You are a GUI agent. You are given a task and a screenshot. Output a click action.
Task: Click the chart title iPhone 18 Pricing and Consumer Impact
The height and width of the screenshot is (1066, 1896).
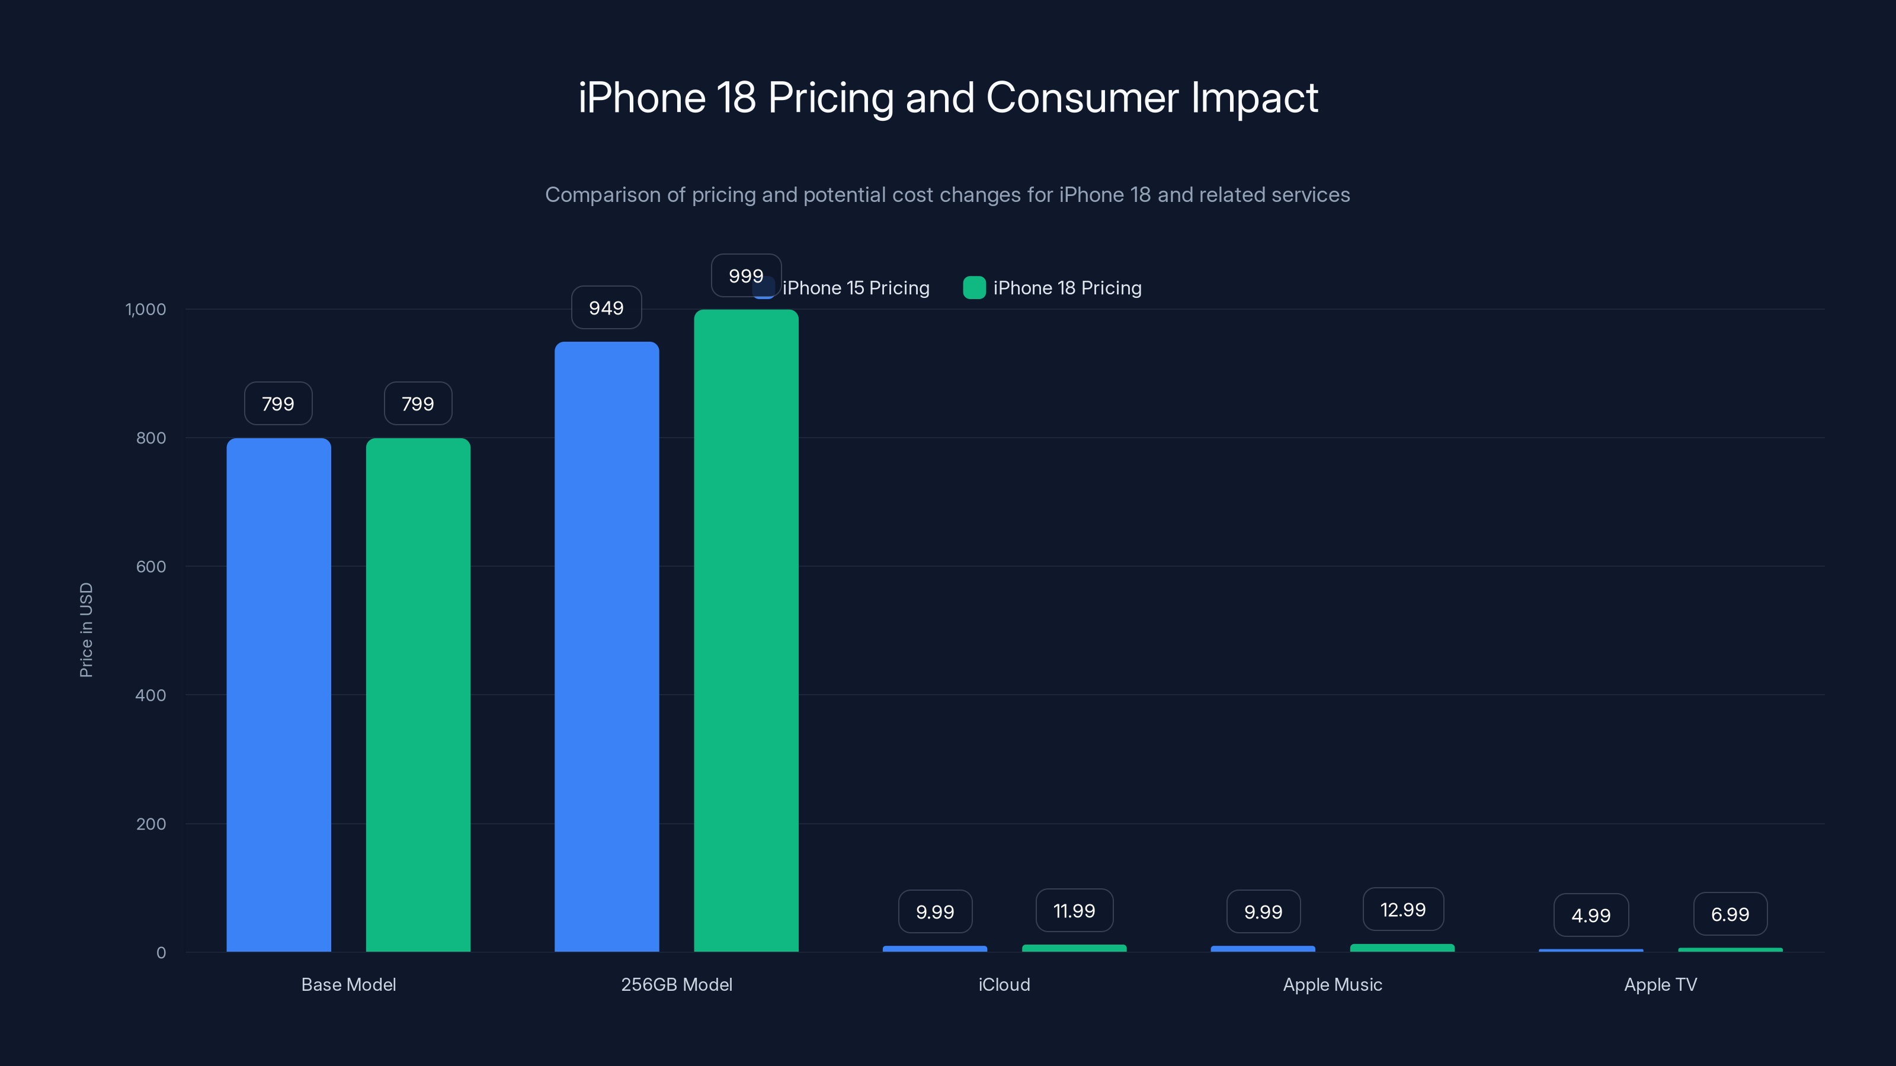(x=948, y=98)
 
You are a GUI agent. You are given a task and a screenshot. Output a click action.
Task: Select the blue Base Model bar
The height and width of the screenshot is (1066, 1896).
(x=278, y=695)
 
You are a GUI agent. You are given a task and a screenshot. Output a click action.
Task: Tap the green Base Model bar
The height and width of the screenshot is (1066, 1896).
(x=418, y=695)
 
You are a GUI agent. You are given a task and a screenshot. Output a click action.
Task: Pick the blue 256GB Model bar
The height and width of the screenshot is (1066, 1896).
(x=607, y=647)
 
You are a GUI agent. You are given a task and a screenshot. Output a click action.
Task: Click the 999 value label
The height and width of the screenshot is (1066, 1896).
(x=745, y=276)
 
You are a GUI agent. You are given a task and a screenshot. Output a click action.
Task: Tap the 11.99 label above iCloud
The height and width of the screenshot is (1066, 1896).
(x=1074, y=911)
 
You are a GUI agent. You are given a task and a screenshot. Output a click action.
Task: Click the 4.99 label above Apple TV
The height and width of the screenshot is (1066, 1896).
(x=1590, y=915)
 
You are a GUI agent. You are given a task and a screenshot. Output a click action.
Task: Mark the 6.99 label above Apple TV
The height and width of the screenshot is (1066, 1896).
(x=1730, y=914)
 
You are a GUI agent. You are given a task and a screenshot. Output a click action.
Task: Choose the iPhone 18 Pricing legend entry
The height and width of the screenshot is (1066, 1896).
(x=1052, y=288)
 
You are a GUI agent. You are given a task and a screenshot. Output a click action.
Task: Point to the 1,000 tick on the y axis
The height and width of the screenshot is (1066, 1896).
(x=146, y=309)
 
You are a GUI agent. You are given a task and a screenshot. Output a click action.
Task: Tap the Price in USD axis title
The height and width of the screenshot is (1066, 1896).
(x=86, y=630)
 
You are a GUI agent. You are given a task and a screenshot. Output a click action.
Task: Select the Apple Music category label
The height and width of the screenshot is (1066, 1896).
(x=1332, y=984)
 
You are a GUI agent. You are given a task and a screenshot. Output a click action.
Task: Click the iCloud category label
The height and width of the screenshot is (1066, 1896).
(x=1004, y=984)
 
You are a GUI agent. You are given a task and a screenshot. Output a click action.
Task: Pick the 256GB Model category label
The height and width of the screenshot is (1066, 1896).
(x=677, y=984)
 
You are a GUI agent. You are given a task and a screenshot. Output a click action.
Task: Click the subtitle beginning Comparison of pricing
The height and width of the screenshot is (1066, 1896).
(x=947, y=195)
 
